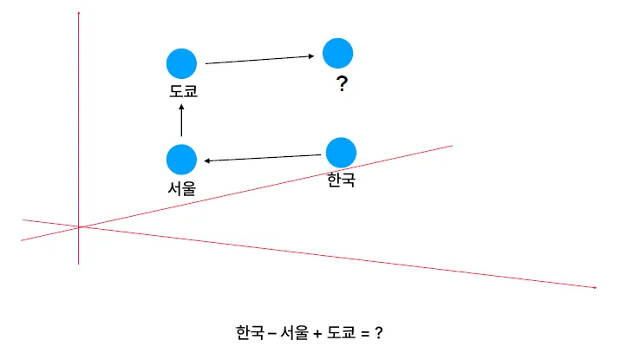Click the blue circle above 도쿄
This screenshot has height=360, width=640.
click(181, 63)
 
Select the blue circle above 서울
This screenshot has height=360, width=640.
click(181, 159)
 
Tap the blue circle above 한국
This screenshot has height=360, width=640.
click(340, 152)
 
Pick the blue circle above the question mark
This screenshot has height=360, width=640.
click(337, 53)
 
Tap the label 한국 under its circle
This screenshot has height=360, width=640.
click(342, 180)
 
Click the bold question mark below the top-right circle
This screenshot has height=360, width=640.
click(342, 85)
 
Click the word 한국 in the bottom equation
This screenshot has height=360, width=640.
click(250, 332)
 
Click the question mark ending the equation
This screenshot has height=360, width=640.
click(379, 332)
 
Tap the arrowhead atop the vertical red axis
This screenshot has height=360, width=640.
click(79, 14)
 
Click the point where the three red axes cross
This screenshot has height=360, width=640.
click(79, 227)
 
